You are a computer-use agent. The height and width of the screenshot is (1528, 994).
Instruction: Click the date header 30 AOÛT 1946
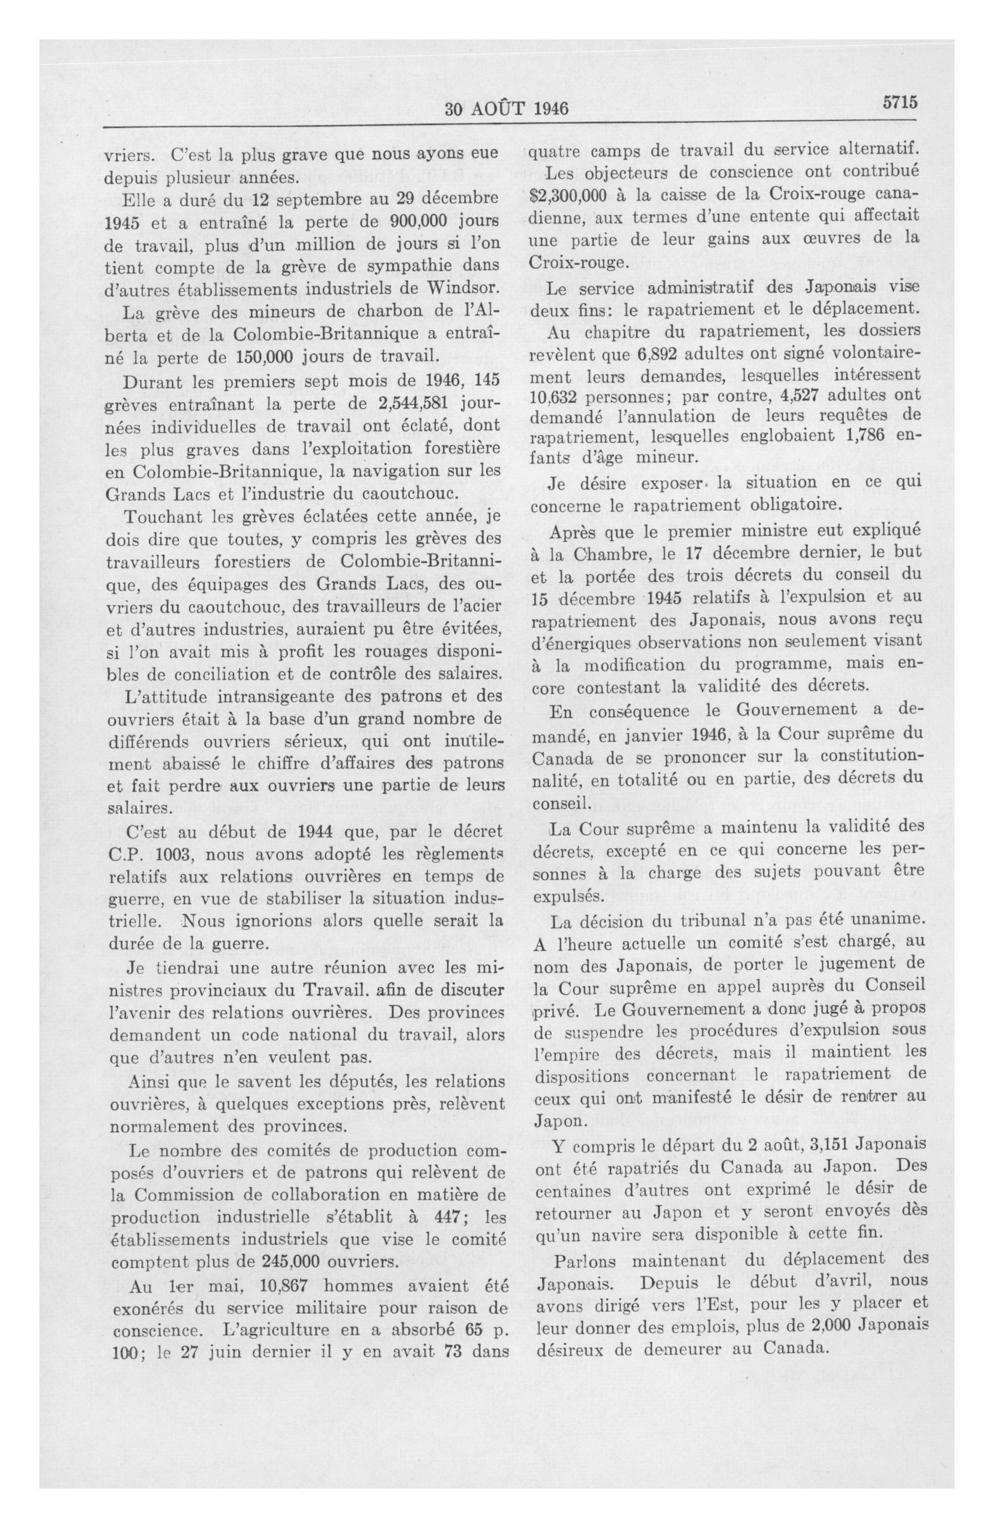[506, 108]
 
